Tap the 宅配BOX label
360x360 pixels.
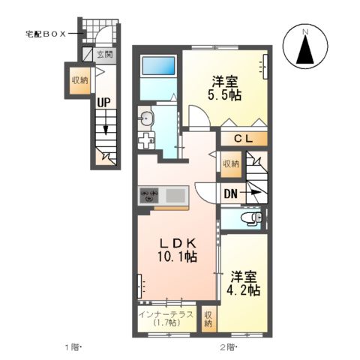(x=46, y=32)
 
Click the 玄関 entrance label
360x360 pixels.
(x=105, y=54)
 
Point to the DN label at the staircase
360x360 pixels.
(x=232, y=192)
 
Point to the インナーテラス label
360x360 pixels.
(x=166, y=314)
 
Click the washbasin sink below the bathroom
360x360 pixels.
(x=147, y=117)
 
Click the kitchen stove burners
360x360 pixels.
(x=148, y=196)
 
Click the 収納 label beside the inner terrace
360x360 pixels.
(x=208, y=319)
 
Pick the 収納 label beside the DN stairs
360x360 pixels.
(x=230, y=163)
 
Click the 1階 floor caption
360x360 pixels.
(x=72, y=347)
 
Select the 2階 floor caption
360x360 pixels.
(x=229, y=347)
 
